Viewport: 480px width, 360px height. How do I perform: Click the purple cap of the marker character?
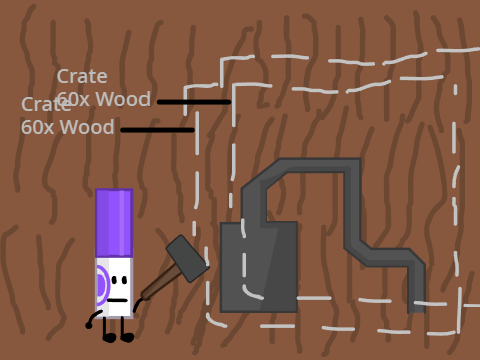pyautogui.click(x=114, y=223)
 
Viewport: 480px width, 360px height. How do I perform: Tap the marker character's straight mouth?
pyautogui.click(x=117, y=300)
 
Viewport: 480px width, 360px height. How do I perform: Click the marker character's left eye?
pyautogui.click(x=114, y=280)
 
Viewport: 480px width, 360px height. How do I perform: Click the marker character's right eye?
pyautogui.click(x=125, y=280)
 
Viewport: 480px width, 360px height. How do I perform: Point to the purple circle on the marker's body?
pyautogui.click(x=102, y=285)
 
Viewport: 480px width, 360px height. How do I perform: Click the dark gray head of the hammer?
pyautogui.click(x=188, y=259)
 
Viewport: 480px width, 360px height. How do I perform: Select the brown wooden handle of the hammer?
pyautogui.click(x=160, y=282)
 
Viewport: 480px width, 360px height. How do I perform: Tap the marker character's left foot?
pyautogui.click(x=109, y=338)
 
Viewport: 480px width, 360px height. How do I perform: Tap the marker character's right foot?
pyautogui.click(x=127, y=337)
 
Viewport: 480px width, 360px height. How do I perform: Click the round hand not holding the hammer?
pyautogui.click(x=89, y=325)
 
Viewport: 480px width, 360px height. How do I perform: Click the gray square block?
pyautogui.click(x=259, y=267)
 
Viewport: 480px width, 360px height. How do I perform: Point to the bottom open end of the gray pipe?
pyautogui.click(x=417, y=312)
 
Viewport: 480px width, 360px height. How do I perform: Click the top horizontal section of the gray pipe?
pyautogui.click(x=317, y=165)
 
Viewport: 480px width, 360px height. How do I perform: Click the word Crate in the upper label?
pyautogui.click(x=82, y=77)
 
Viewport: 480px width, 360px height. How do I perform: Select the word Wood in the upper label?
pyautogui.click(x=123, y=99)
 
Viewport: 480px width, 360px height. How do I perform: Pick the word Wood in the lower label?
pyautogui.click(x=87, y=127)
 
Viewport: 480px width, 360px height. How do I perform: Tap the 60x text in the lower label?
pyautogui.click(x=37, y=127)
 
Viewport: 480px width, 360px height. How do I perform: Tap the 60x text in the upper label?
pyautogui.click(x=73, y=99)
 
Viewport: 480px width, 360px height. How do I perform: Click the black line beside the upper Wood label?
pyautogui.click(x=194, y=102)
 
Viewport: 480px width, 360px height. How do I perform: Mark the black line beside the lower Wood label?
pyautogui.click(x=157, y=130)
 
